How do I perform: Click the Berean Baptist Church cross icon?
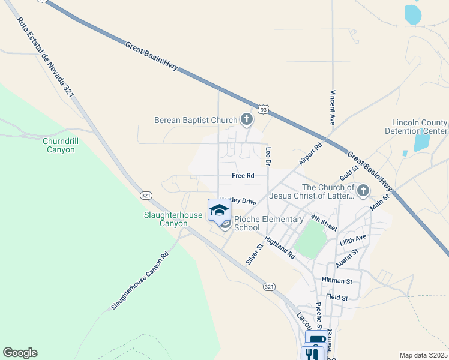click(x=246, y=119)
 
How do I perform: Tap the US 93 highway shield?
click(x=263, y=109)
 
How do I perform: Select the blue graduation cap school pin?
click(x=219, y=210)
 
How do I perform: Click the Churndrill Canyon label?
click(x=61, y=145)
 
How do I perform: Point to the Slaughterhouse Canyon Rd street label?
click(x=140, y=280)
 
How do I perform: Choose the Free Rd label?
click(x=243, y=176)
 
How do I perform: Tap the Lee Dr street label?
click(x=268, y=156)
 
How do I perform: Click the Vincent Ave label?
click(x=331, y=107)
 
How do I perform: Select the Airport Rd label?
click(x=310, y=154)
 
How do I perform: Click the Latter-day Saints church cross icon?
click(x=362, y=191)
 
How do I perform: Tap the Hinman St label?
click(x=337, y=280)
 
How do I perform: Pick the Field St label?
click(x=337, y=297)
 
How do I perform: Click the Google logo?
click(x=20, y=353)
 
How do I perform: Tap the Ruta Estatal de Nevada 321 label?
click(x=46, y=57)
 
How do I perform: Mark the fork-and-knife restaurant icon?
click(x=312, y=354)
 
